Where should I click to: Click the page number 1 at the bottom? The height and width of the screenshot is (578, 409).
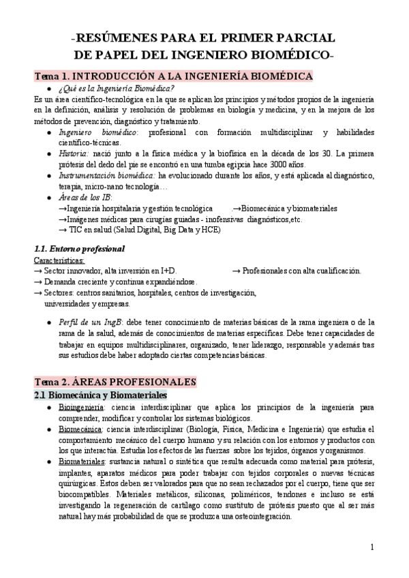(x=372, y=547)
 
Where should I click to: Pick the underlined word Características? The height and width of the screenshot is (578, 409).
(x=60, y=260)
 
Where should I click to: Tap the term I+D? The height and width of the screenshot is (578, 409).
(x=168, y=271)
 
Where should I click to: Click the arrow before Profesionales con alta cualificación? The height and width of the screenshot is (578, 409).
(x=237, y=271)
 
